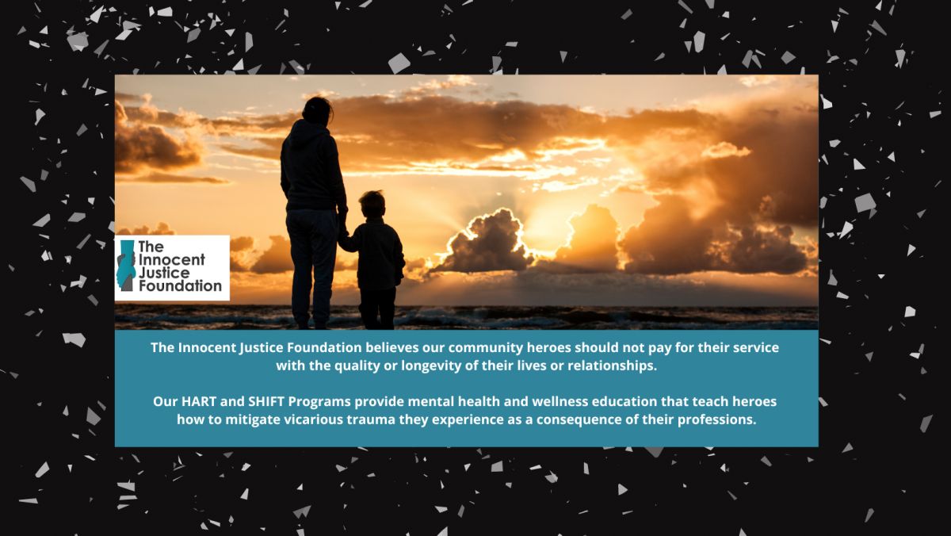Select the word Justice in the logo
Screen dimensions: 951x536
pyautogui.click(x=164, y=274)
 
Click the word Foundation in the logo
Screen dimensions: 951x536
pyautogui.click(x=181, y=285)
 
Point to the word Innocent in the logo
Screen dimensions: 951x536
pyautogui.click(x=172, y=260)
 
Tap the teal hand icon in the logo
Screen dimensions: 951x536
pyautogui.click(x=126, y=266)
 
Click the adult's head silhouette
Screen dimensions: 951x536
pyautogui.click(x=317, y=110)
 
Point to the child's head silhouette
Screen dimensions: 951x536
pyautogui.click(x=372, y=205)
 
